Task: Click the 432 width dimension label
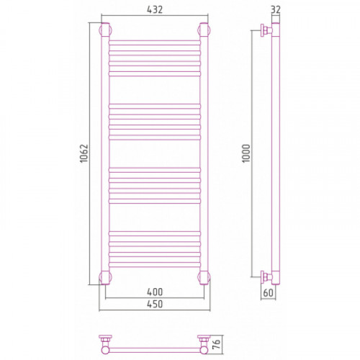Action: coord(155,9)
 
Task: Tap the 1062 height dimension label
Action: coord(84,153)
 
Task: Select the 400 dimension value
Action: coord(155,292)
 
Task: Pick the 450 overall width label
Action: coord(155,304)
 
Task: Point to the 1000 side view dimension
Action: coord(246,153)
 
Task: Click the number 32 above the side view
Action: coord(276,9)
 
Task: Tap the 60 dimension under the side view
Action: coord(268,293)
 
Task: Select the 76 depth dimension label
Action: coord(217,344)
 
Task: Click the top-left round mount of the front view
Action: coord(105,30)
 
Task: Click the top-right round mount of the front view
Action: coord(204,30)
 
